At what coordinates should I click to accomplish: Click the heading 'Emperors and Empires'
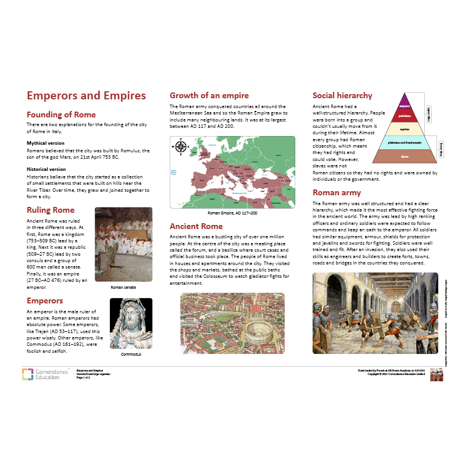86,96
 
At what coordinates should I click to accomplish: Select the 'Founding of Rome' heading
61,115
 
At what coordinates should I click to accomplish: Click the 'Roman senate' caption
123,287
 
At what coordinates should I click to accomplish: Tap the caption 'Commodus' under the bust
131,354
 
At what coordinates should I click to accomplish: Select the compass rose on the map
181,146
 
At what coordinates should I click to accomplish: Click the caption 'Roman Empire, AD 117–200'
232,213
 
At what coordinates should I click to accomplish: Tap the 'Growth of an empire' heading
209,95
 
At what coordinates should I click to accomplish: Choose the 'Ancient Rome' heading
196,226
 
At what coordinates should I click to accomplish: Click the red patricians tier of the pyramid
405,116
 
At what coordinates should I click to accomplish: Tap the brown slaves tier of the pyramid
405,156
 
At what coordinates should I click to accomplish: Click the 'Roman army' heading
337,192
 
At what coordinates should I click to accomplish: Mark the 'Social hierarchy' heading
342,95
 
